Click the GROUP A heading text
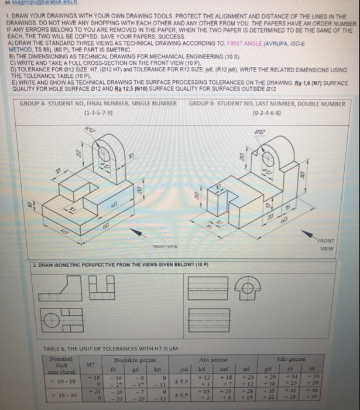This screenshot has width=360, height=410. coord(98,103)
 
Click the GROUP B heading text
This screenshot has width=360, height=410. coord(267,103)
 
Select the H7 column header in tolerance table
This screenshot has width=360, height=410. coord(90,364)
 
